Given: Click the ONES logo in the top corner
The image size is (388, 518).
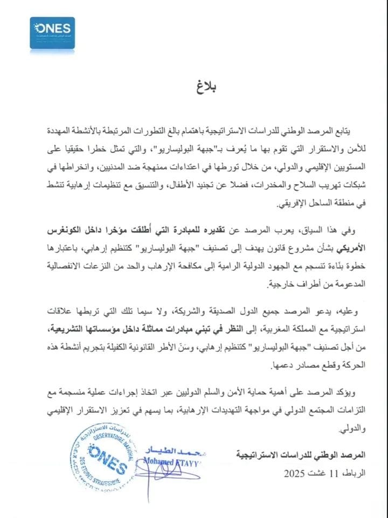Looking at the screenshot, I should coord(52,33).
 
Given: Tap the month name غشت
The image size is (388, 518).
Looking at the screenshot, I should coord(317,473).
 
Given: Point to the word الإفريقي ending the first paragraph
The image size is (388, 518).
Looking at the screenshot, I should coord(285,206).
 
